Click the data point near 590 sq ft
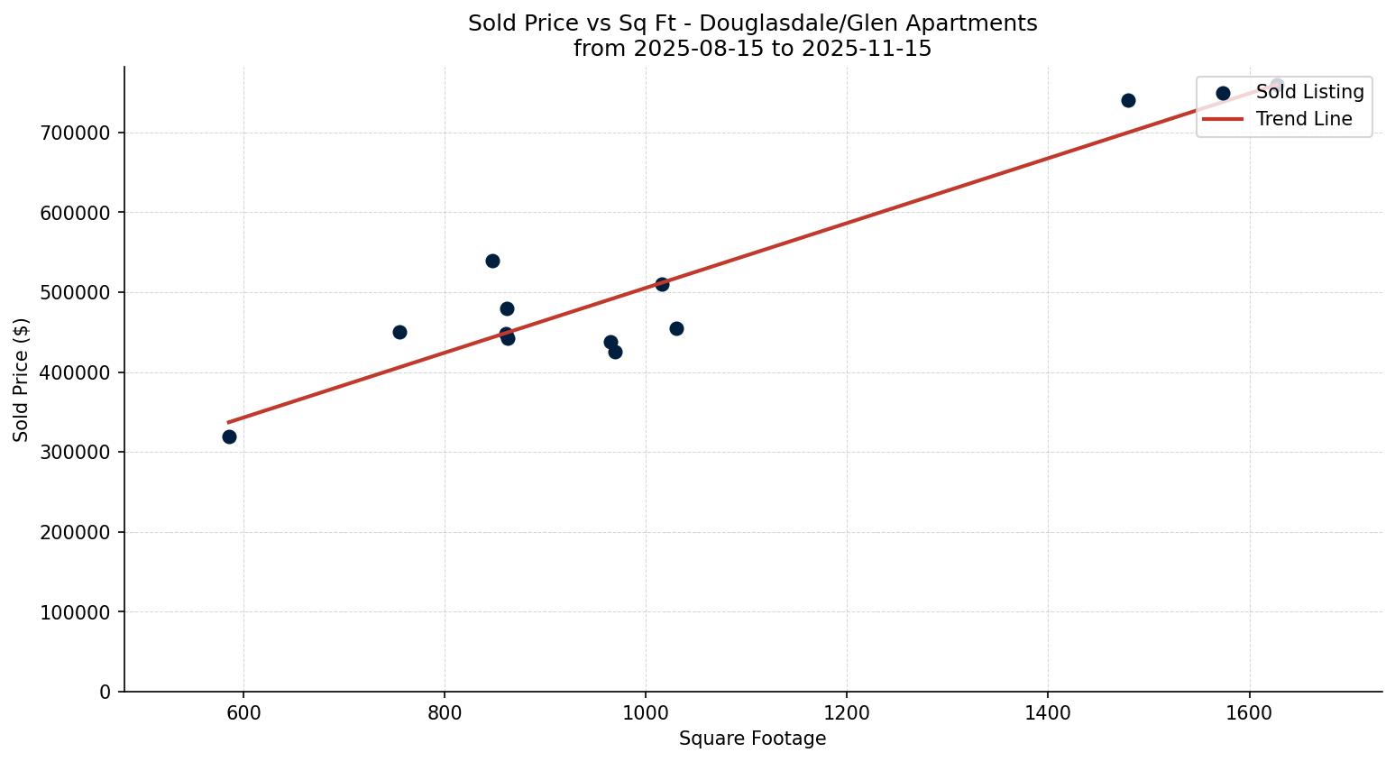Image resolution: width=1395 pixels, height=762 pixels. click(x=229, y=436)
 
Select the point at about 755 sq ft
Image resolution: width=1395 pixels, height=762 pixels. click(x=399, y=332)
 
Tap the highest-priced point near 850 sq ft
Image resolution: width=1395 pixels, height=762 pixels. click(x=492, y=261)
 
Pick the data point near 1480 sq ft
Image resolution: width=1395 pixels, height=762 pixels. click(x=1128, y=100)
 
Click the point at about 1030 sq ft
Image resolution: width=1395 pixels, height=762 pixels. click(x=676, y=328)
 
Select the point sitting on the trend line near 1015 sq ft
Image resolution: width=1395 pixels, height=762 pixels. click(x=662, y=284)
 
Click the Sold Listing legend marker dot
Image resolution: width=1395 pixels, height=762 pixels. click(x=1223, y=93)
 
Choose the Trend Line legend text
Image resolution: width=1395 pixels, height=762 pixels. click(x=1304, y=119)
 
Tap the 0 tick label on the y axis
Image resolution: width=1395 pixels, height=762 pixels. click(x=106, y=692)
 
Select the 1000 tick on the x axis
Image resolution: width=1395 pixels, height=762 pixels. click(x=646, y=713)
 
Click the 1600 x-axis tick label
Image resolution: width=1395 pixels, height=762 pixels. click(x=1249, y=713)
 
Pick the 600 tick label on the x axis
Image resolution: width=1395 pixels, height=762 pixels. click(x=243, y=713)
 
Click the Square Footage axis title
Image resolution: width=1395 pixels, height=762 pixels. click(x=752, y=739)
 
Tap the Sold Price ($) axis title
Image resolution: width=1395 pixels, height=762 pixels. click(x=22, y=380)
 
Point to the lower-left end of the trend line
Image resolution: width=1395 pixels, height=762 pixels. click(x=228, y=421)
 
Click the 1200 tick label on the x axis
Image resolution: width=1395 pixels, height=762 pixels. click(x=847, y=713)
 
